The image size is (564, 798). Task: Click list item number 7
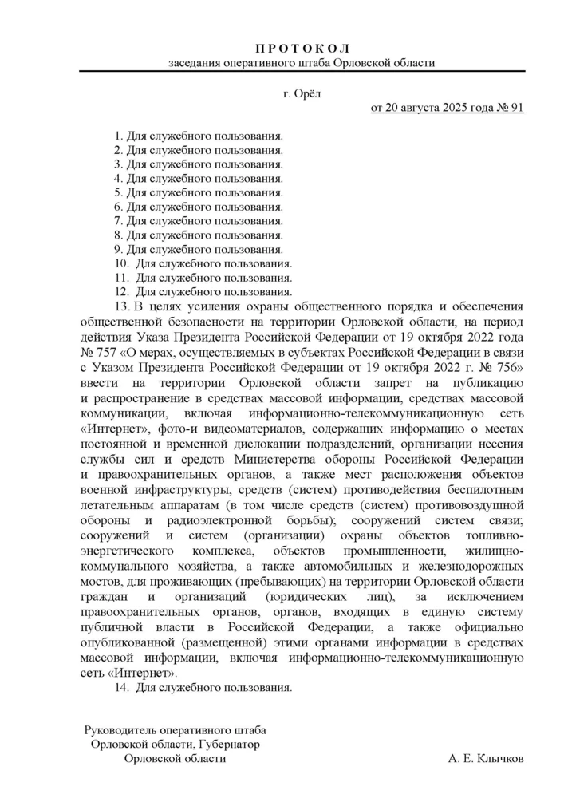point(199,220)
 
